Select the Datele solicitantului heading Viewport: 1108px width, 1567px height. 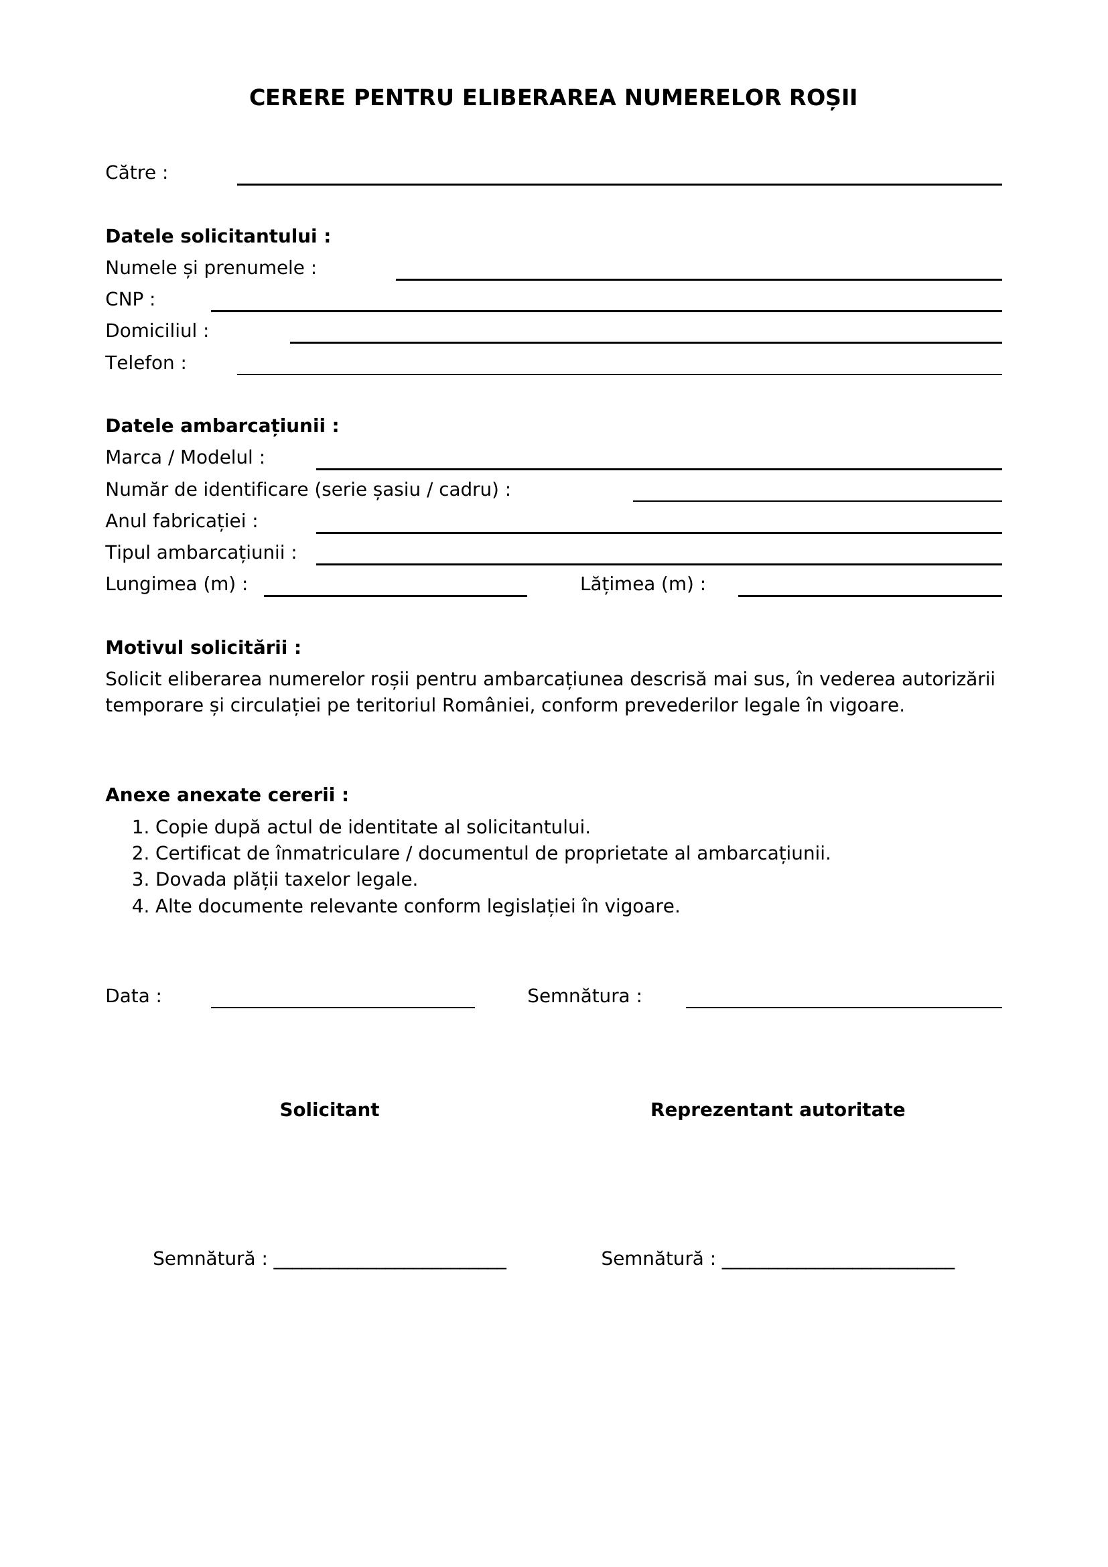218,236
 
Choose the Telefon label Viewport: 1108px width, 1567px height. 145,363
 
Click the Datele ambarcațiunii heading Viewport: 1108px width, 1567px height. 222,426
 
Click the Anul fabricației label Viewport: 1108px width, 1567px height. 182,521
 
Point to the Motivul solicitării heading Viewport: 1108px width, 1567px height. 202,648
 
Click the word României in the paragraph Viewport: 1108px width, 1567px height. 488,705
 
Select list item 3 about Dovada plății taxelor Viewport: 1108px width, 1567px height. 274,880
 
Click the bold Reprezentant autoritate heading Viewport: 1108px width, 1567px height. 777,1110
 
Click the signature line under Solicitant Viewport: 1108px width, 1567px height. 390,1267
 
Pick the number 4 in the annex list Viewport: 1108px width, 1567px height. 139,906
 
